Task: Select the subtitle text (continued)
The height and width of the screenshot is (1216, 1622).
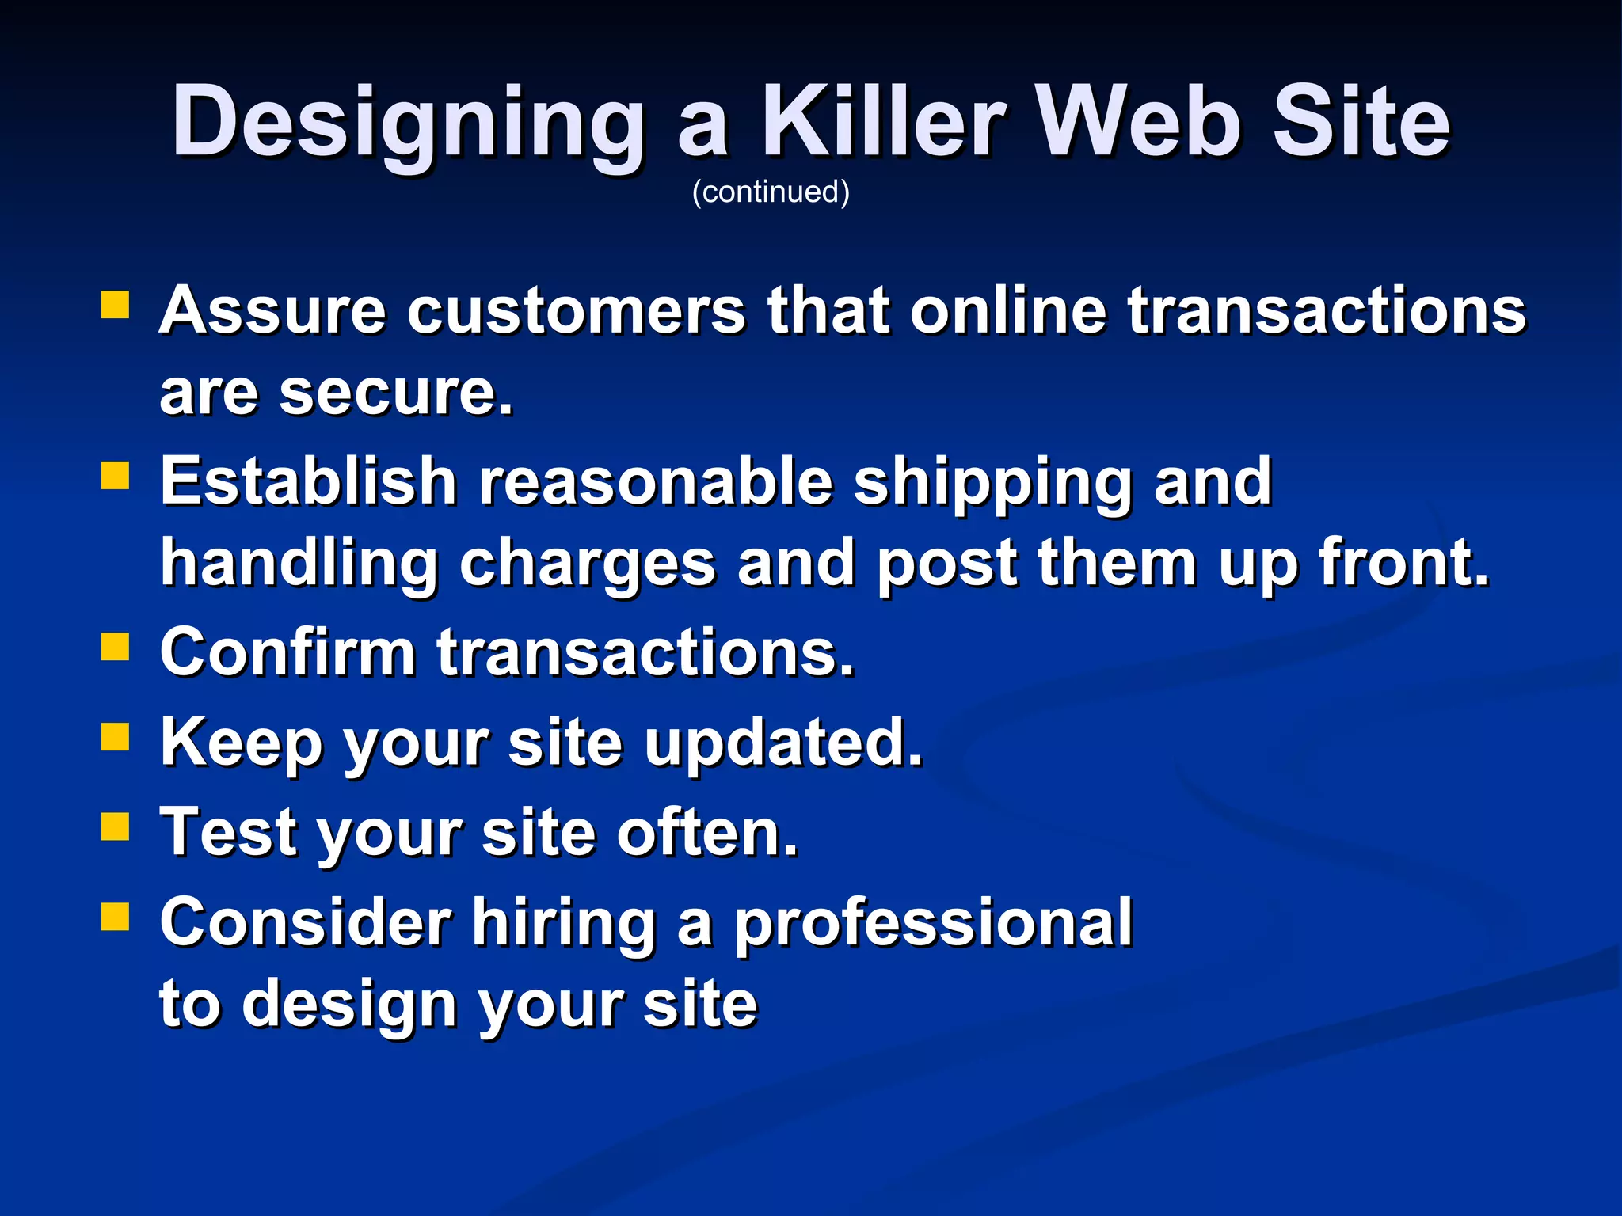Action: [771, 192]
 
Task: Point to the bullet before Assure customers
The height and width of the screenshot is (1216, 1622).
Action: [116, 305]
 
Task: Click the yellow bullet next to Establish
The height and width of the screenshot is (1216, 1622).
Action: [116, 477]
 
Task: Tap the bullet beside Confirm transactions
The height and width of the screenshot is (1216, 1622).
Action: [116, 647]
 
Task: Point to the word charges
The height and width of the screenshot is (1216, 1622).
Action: [588, 565]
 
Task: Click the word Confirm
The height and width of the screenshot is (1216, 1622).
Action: [287, 652]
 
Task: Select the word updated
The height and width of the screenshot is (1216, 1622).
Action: [783, 744]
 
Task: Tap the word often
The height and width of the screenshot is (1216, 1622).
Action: [707, 833]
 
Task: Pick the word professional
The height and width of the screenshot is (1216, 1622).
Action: [933, 925]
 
